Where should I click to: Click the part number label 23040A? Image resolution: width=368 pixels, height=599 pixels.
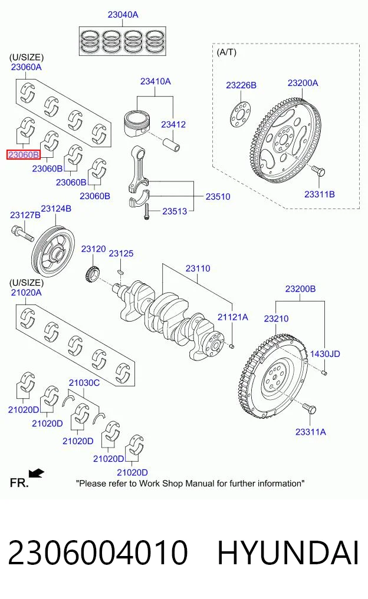[123, 15]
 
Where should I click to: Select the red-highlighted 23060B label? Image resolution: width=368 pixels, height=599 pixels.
[24, 155]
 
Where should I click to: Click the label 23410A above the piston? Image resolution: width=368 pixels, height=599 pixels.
[155, 81]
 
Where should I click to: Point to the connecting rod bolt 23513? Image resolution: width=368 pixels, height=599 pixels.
[146, 211]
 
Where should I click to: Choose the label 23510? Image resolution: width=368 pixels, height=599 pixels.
[218, 197]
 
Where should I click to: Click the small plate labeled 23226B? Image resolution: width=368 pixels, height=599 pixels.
[241, 114]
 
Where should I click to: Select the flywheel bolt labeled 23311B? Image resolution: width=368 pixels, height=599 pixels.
[318, 171]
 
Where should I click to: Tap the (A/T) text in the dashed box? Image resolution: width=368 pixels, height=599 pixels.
[226, 52]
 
